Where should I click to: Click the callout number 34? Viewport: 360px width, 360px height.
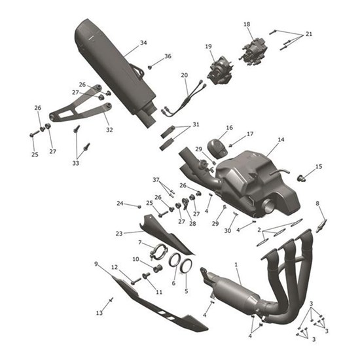143,44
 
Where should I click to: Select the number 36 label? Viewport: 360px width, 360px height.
168,57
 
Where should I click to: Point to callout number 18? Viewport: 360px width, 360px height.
247,25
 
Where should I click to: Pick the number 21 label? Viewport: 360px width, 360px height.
309,33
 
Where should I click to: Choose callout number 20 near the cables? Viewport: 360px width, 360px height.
185,75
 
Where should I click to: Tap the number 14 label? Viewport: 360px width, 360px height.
281,140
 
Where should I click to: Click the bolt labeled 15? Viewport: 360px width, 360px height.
302,177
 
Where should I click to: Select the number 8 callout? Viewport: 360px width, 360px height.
317,204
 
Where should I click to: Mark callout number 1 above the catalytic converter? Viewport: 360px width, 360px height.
236,264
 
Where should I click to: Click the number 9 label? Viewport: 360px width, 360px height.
96,264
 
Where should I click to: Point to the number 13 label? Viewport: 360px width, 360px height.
99,314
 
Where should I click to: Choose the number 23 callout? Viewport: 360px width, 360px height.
119,233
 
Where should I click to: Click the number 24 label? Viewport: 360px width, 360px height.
120,204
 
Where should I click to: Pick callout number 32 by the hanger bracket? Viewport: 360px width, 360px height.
109,130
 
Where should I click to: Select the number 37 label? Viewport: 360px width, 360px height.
156,180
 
